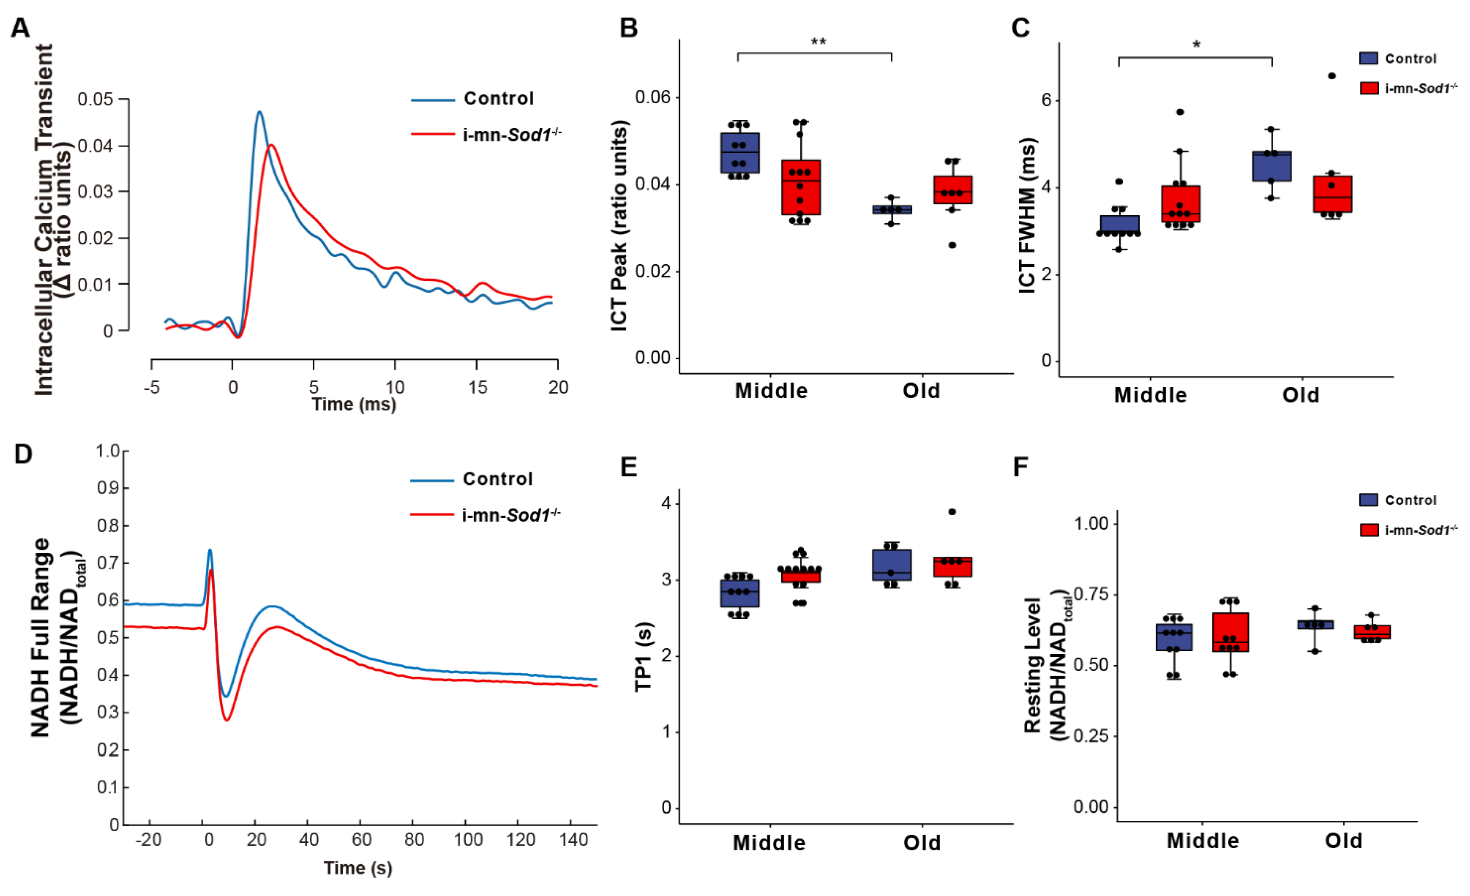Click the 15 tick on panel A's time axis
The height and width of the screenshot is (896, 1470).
[477, 388]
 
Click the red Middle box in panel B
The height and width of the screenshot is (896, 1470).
[801, 187]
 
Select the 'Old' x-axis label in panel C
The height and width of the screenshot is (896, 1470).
[1301, 395]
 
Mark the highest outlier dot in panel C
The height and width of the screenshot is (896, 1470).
[1332, 76]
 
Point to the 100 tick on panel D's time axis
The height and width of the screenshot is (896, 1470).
[468, 840]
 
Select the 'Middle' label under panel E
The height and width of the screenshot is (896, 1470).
[769, 843]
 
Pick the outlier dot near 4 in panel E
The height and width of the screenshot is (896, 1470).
[952, 512]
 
